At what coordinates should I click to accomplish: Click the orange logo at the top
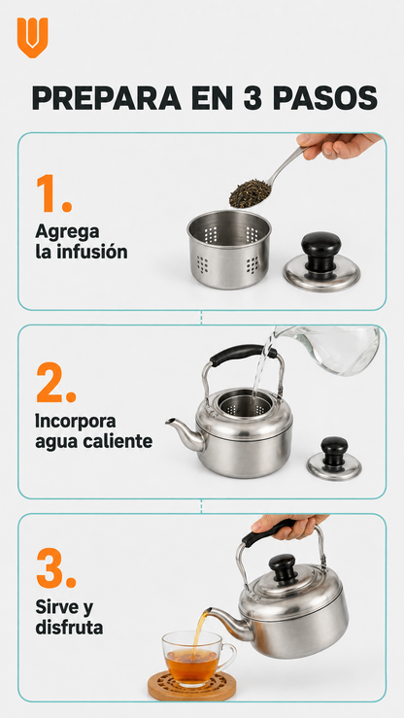click(x=32, y=38)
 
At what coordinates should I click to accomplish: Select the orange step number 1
click(x=53, y=193)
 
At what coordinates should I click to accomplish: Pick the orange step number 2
click(x=55, y=383)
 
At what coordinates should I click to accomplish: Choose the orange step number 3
click(x=55, y=567)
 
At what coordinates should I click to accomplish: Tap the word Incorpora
click(x=76, y=422)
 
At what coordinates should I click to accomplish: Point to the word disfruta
click(x=69, y=627)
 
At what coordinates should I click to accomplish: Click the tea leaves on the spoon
click(x=250, y=192)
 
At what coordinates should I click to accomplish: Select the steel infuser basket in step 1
click(x=229, y=249)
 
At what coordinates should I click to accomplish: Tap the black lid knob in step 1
click(x=320, y=251)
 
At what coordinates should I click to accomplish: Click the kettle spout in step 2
click(x=185, y=433)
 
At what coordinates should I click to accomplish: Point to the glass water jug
click(x=329, y=349)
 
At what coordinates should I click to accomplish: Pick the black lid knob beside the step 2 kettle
click(x=334, y=451)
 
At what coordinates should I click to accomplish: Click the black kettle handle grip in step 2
click(x=243, y=354)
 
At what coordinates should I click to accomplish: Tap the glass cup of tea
click(x=198, y=658)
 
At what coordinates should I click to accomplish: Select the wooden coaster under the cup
click(x=192, y=686)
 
